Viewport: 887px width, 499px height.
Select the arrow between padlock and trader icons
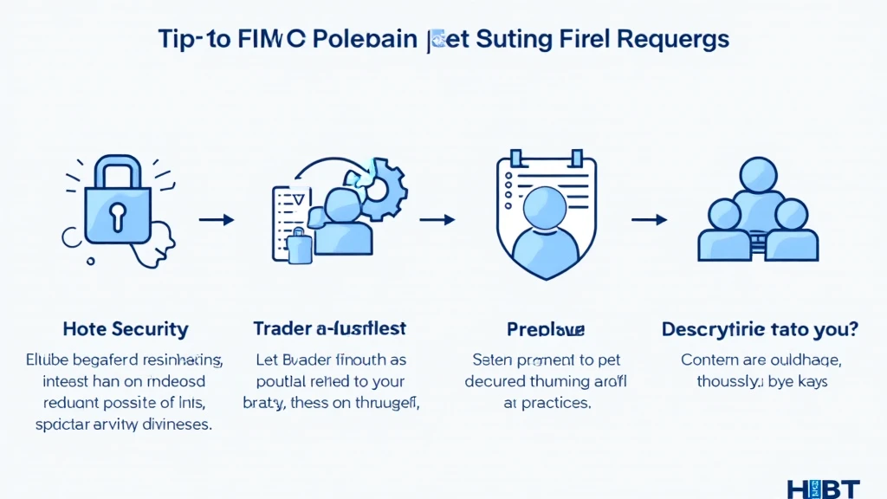217,220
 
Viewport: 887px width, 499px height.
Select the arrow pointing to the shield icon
437,220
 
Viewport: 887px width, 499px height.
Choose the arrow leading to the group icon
648,220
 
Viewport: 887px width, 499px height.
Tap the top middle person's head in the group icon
759,175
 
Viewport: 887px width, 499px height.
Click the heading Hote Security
125,329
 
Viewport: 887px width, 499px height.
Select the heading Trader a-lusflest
329,329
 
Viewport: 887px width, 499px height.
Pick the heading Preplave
546,330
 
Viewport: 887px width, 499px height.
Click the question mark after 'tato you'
853,329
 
